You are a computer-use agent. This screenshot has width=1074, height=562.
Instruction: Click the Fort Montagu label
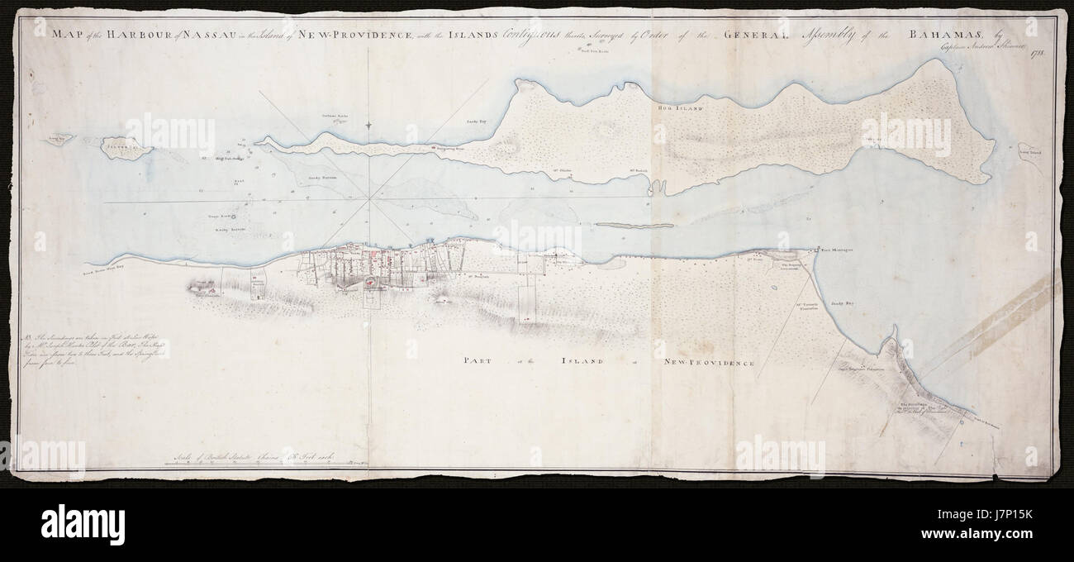(837, 248)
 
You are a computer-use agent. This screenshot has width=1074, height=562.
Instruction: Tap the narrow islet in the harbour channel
(634, 225)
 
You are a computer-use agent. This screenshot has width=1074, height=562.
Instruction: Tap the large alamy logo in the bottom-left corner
(71, 524)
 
